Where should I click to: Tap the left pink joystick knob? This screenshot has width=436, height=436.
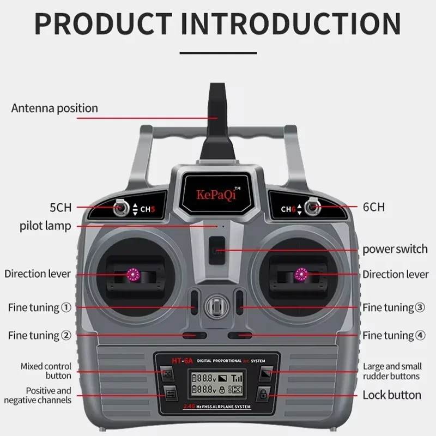click(132, 274)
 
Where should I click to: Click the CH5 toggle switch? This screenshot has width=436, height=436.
click(120, 208)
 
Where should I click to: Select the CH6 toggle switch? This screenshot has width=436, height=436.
click(312, 207)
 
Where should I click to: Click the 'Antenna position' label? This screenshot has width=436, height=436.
click(55, 108)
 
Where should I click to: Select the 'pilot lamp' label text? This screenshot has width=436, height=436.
click(45, 225)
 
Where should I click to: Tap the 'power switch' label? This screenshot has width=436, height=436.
click(395, 250)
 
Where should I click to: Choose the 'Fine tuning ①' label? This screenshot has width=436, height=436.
click(39, 307)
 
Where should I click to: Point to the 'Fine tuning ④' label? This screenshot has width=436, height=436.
click(394, 335)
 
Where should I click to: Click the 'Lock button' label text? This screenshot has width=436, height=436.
click(392, 395)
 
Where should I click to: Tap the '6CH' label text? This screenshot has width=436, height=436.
click(373, 207)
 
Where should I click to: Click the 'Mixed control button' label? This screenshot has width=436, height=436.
click(46, 371)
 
